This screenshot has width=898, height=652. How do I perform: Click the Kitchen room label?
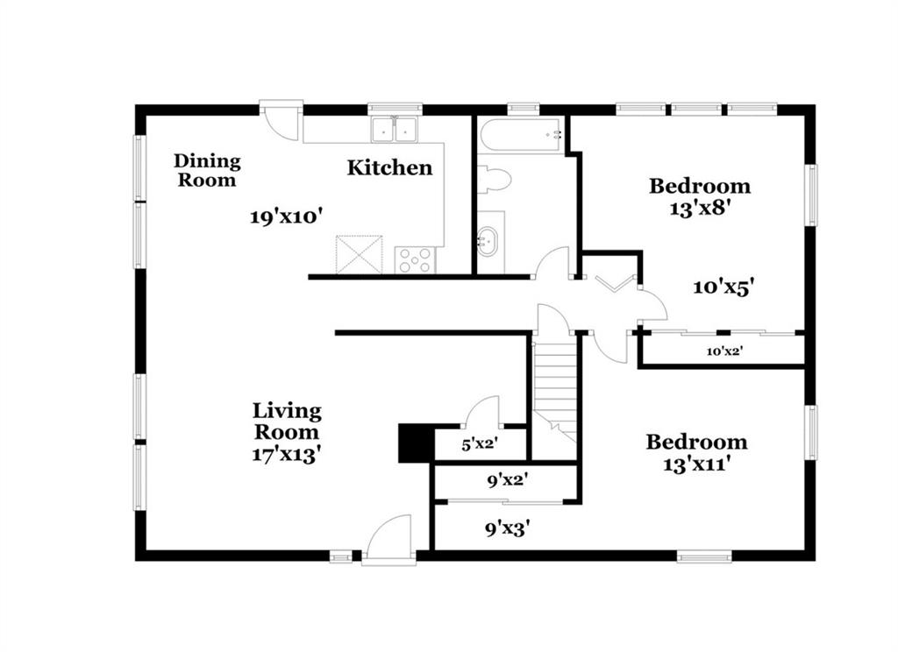(389, 167)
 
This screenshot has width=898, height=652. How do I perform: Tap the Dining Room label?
(207, 170)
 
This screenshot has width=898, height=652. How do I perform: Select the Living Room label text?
(287, 421)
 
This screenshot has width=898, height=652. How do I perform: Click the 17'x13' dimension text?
(286, 455)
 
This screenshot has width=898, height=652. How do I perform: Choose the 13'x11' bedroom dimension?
(695, 464)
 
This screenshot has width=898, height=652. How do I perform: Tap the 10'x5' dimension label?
(723, 287)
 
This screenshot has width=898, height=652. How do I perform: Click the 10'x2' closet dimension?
(724, 351)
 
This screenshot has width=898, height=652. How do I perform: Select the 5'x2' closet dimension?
(479, 443)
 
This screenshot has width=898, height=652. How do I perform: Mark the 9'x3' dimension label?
(507, 529)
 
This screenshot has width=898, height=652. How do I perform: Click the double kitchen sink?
(395, 130)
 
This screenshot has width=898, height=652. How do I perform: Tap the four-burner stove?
(415, 260)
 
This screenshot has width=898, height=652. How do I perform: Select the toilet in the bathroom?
(494, 178)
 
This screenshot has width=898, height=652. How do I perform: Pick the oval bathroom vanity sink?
(488, 241)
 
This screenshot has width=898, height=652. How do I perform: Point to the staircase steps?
(554, 389)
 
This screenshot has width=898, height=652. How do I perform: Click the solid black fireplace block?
(416, 443)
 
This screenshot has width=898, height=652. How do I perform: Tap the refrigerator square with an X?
(359, 253)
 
